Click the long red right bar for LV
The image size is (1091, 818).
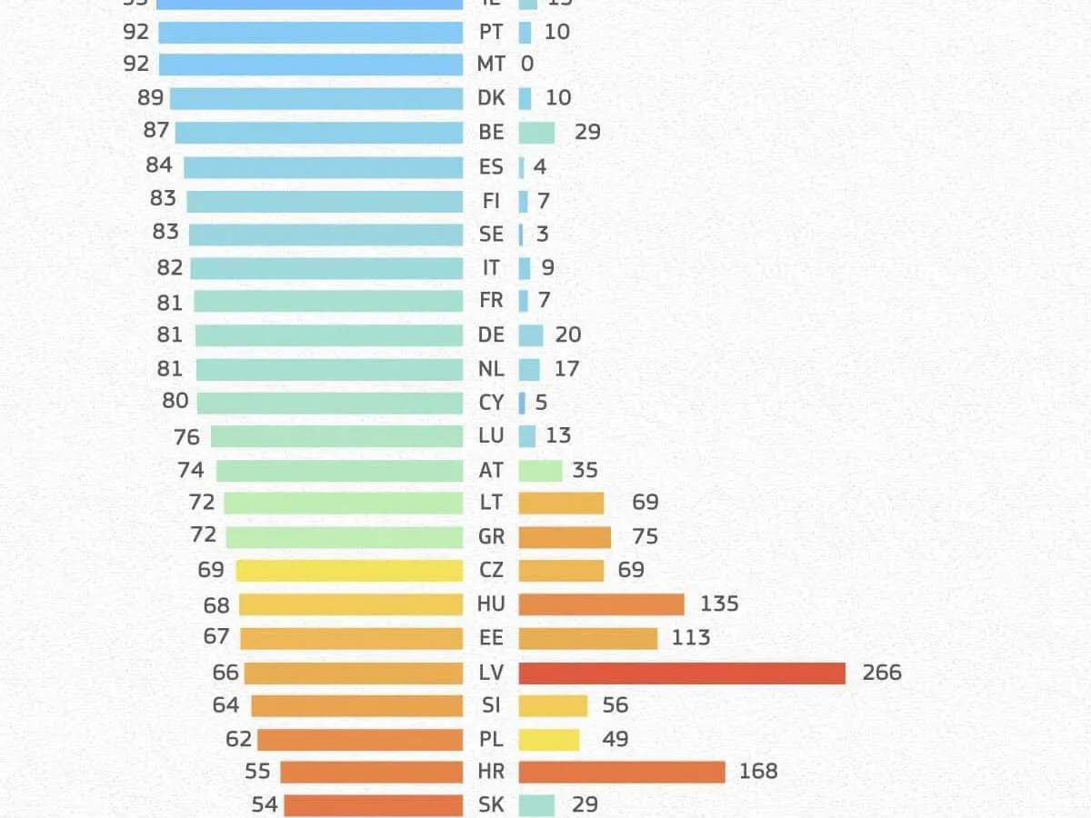coord(682,673)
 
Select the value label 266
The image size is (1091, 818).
coord(882,673)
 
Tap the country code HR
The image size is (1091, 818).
coord(491,772)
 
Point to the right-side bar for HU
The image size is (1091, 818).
coord(601,604)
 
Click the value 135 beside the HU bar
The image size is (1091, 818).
coord(719,604)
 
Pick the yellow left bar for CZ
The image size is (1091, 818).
coord(349,571)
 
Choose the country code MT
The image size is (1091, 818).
coord(491,65)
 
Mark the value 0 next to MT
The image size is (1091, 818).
coord(527,65)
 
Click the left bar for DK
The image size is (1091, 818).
coord(316,98)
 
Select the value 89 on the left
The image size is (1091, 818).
coord(150,97)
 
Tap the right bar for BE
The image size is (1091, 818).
coord(536,133)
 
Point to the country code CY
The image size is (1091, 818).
coord(491,402)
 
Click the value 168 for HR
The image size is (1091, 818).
coord(758,772)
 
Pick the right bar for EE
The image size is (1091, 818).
coord(587,638)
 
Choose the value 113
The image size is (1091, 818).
coord(690,637)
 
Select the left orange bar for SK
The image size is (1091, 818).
coord(373,805)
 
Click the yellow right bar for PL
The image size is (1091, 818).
coord(548,740)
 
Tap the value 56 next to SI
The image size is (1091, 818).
coord(615,705)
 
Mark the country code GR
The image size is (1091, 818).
coord(491,536)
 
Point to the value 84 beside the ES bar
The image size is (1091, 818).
coord(159,165)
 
